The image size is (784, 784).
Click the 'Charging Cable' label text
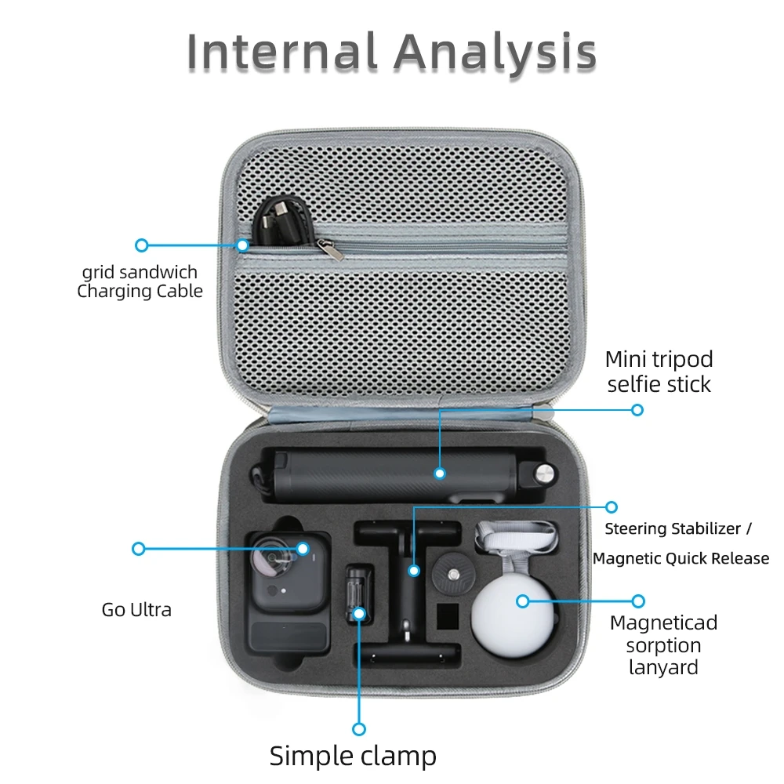point(140,292)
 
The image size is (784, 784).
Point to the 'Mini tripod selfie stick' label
point(659,372)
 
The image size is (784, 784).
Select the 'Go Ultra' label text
point(136,609)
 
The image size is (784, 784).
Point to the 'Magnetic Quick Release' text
point(681,559)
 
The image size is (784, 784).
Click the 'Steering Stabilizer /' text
point(677,529)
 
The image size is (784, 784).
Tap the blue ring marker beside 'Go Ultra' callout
point(139,549)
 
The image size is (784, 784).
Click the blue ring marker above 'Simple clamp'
point(358,728)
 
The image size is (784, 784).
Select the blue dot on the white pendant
point(522,601)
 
